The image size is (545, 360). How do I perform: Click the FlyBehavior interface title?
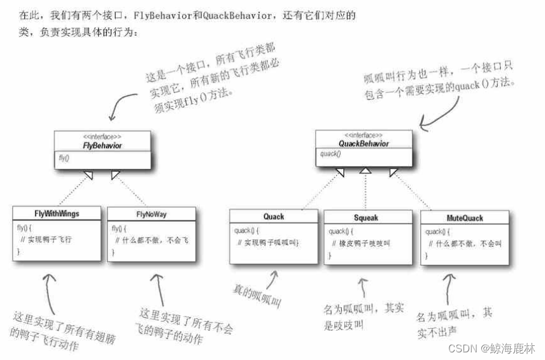(x=102, y=145)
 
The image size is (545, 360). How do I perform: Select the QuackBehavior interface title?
(x=364, y=143)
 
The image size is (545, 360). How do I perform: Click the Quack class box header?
(x=273, y=217)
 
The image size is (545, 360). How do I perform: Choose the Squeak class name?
(x=366, y=217)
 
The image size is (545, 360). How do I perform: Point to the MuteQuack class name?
(x=465, y=218)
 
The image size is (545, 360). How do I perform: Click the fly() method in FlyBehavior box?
(x=64, y=157)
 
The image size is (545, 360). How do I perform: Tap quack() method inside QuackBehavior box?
(x=330, y=154)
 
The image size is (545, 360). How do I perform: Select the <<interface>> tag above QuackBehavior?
(x=364, y=135)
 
